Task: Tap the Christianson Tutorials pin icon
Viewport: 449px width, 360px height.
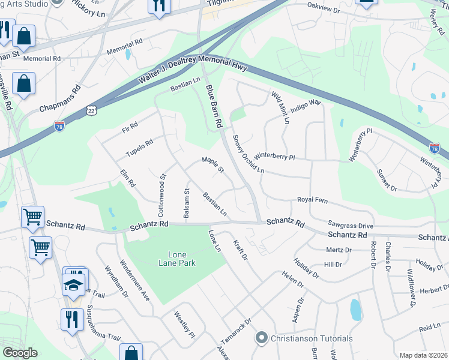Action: (x=261, y=338)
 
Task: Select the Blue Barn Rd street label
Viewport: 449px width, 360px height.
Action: (x=214, y=106)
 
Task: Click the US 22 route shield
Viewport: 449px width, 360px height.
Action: (x=91, y=110)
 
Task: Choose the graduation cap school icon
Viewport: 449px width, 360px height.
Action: (x=73, y=284)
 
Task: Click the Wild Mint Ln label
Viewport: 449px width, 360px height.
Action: (x=280, y=107)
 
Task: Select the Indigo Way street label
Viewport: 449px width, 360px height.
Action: (x=306, y=107)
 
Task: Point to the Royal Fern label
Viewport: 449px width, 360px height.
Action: (x=311, y=200)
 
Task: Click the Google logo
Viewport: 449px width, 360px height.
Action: (x=20, y=352)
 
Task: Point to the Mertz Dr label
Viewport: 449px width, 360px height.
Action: (x=339, y=250)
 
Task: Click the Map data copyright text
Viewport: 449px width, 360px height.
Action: (x=423, y=355)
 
